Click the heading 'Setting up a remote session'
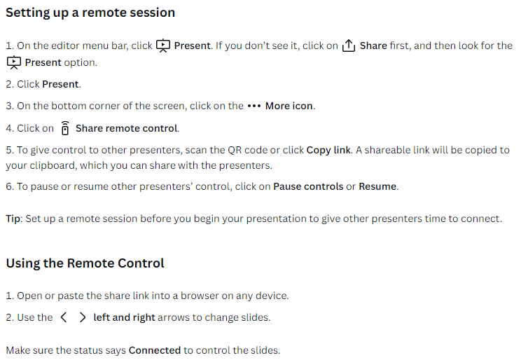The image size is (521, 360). coord(90,13)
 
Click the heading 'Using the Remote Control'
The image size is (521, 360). coord(85,263)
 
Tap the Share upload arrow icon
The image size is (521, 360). coord(349,46)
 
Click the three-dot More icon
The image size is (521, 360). coord(254,106)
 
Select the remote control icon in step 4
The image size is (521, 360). coord(65,128)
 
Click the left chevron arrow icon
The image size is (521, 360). coord(64,317)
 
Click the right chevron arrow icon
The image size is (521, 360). coord(83,317)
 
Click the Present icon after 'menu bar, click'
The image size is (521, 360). coord(163,46)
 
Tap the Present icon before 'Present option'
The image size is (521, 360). coord(14,62)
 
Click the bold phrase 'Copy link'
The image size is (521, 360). coord(328,151)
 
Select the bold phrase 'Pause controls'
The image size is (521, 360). coord(308,186)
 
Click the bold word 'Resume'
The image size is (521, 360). coord(377,186)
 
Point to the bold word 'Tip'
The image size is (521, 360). coord(13,219)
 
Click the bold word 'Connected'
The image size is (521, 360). coord(155,350)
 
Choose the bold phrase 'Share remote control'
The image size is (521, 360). coord(127,128)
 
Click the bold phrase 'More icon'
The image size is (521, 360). coord(289,106)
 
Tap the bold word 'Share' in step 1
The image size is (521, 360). coord(373,46)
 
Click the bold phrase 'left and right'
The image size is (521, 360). coord(124,317)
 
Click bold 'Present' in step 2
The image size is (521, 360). coord(61,84)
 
